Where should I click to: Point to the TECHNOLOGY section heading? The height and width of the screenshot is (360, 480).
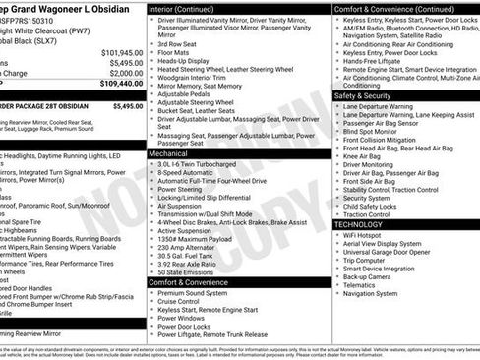pyautogui.click(x=366, y=225)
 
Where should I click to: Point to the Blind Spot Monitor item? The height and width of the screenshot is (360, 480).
pyautogui.click(x=370, y=131)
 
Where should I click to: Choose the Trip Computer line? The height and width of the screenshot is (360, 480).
pyautogui.click(x=365, y=260)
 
